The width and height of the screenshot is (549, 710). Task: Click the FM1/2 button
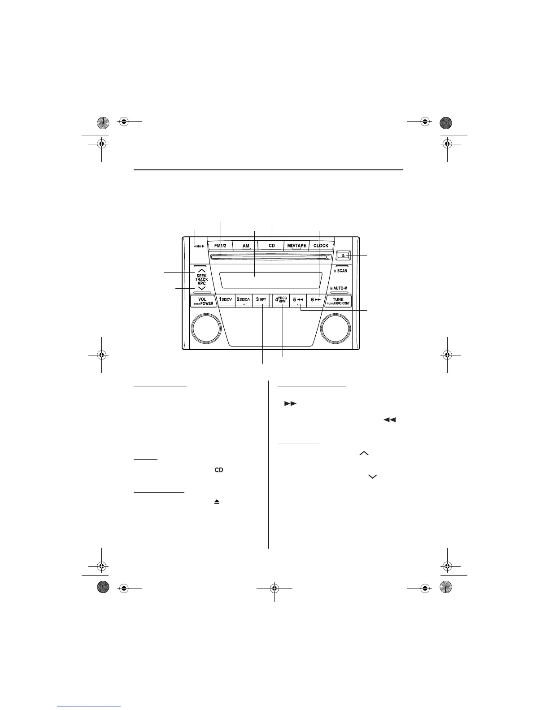click(220, 246)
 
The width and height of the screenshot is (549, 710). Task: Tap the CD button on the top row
click(271, 246)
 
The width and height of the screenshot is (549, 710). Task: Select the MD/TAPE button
click(296, 246)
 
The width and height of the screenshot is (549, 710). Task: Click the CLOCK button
click(321, 246)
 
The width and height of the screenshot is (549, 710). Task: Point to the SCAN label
click(342, 271)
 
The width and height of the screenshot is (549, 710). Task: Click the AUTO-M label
click(340, 288)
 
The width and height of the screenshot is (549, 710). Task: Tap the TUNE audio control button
click(338, 301)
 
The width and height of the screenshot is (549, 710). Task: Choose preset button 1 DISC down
click(225, 299)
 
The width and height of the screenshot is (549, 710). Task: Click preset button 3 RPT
click(261, 299)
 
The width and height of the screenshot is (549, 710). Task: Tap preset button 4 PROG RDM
click(281, 299)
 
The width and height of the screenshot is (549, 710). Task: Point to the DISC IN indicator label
click(199, 247)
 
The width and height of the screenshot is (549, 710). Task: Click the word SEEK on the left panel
click(201, 276)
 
